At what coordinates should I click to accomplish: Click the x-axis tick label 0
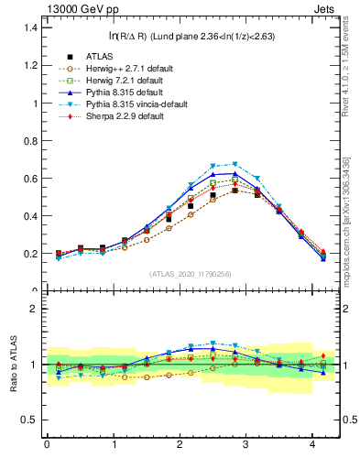47,445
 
